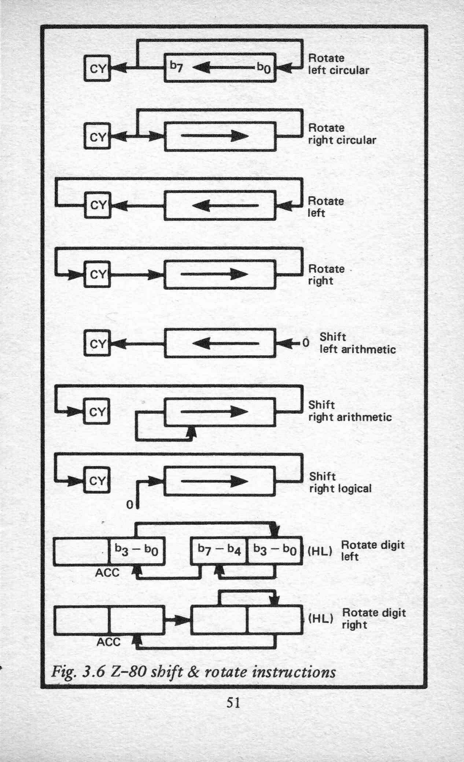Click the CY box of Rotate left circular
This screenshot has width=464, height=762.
(97, 68)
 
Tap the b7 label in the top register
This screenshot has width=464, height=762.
(176, 67)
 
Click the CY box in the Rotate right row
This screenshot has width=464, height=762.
(97, 274)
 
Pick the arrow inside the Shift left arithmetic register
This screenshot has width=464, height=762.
(225, 344)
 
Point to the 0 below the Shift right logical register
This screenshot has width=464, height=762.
(129, 505)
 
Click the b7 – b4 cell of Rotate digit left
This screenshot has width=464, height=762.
(219, 550)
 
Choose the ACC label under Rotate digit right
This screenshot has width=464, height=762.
(108, 642)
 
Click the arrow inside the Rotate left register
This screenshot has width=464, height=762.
(225, 206)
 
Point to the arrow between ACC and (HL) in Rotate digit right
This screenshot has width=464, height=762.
(177, 620)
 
